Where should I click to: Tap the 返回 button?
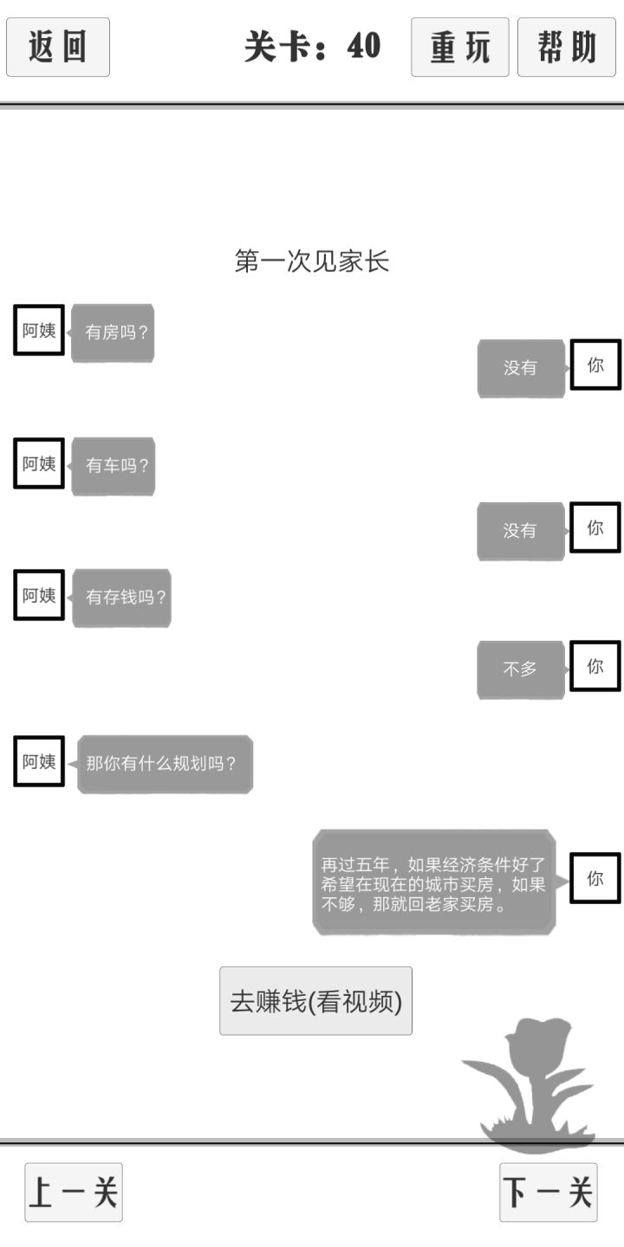pos(58,47)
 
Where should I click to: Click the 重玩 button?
pos(459,47)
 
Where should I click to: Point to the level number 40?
pos(364,46)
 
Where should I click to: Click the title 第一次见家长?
pos(311,262)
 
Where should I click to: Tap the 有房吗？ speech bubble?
pos(113,333)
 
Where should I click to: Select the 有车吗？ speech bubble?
pos(113,465)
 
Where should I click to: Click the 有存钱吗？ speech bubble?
pos(121,598)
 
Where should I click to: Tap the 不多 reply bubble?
pos(520,669)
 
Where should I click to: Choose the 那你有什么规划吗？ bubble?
pos(165,763)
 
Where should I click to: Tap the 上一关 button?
pos(74,1192)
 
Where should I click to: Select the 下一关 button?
pos(549,1192)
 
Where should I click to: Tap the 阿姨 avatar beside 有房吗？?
pos(39,330)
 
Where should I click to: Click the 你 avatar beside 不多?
pos(595,666)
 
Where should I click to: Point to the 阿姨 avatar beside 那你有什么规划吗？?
pos(39,761)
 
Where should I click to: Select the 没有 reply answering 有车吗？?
pos(520,531)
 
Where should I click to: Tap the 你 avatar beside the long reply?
pos(595,878)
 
